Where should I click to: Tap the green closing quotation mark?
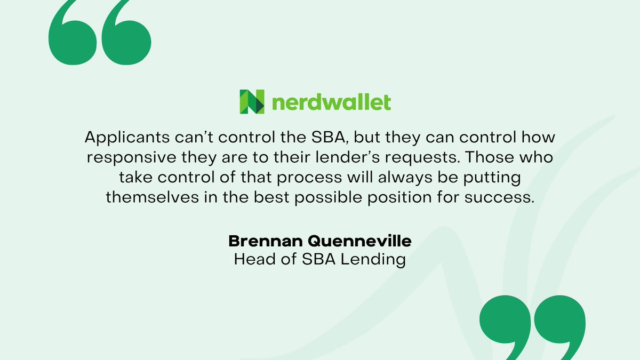coord(532,325)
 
